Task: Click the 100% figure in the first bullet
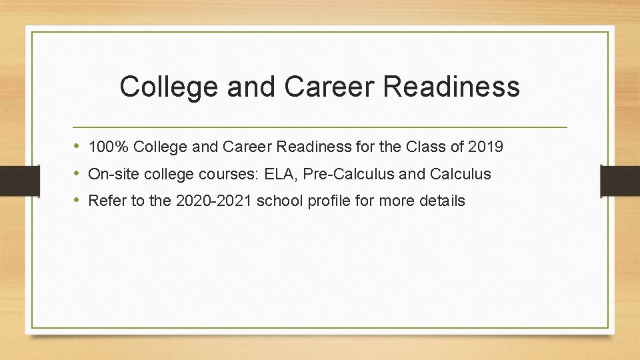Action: click(109, 147)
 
